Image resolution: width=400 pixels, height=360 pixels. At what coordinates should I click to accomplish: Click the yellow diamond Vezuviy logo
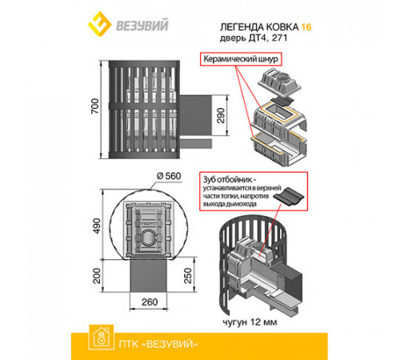tap(99, 24)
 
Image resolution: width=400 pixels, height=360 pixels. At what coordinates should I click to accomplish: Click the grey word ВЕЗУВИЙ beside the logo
tap(142, 25)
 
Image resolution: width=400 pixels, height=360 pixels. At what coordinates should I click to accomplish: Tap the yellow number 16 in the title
tap(306, 27)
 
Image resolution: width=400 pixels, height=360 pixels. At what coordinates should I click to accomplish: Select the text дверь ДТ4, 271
tap(254, 38)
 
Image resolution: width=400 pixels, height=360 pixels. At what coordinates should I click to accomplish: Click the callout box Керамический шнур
tap(241, 59)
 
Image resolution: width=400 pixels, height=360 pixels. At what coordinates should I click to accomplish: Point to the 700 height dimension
tap(95, 106)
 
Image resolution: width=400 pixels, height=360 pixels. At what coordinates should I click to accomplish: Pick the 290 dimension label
tap(221, 115)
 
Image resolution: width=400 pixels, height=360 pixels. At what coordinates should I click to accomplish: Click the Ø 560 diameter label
tap(169, 176)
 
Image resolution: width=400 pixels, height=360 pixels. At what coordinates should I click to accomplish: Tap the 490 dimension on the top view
tap(97, 226)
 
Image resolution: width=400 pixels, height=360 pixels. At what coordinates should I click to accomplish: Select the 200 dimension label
tap(97, 275)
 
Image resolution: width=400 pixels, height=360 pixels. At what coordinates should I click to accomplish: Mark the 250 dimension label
tap(188, 275)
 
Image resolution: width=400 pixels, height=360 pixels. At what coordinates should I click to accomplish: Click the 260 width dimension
tap(150, 302)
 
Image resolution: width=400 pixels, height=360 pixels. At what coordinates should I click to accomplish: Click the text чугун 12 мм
tap(250, 322)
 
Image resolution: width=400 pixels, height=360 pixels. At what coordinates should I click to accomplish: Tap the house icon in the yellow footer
tap(101, 337)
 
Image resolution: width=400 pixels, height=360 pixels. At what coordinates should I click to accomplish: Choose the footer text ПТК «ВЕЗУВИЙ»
tap(158, 344)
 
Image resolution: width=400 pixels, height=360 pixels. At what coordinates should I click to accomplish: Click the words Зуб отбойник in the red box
tap(227, 179)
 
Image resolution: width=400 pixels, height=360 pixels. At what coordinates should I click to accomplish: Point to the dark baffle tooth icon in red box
tap(290, 197)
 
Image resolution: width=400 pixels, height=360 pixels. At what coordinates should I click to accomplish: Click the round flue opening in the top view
tap(147, 237)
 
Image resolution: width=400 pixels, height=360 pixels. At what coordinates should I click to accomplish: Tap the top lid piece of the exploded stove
tap(279, 82)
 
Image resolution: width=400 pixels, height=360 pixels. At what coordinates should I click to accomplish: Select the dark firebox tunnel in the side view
tap(195, 115)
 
